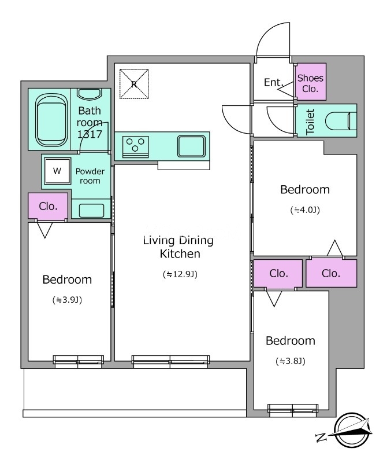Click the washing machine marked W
58,171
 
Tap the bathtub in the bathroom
51,120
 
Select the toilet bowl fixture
341,121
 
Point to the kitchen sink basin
191,146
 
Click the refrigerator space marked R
134,84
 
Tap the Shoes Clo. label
310,83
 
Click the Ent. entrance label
274,82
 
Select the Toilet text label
310,122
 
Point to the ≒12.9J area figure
180,274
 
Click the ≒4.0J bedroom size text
305,210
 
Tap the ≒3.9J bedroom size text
67,300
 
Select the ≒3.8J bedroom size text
291,361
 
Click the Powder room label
90,176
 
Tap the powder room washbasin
91,210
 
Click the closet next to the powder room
48,206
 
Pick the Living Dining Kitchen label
178,247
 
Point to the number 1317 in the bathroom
90,134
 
